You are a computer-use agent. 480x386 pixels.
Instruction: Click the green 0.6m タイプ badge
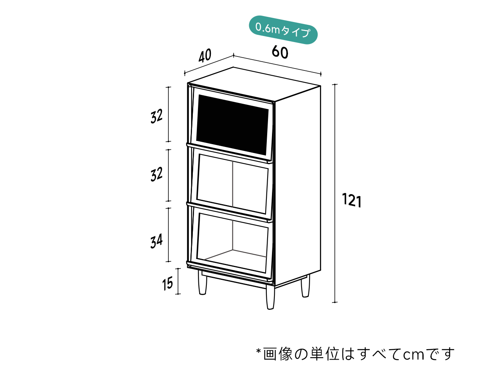[283, 30]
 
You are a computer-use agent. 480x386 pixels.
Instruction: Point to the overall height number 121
[352, 200]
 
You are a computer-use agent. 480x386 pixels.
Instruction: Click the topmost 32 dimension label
[156, 116]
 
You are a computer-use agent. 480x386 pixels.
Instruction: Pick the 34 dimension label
[156, 241]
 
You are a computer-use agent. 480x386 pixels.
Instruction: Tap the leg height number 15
[167, 283]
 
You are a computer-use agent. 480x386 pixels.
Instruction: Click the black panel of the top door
[232, 125]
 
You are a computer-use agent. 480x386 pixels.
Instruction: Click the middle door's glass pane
[232, 184]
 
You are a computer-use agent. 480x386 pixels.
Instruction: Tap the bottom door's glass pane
[232, 243]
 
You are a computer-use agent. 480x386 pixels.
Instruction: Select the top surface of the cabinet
[254, 84]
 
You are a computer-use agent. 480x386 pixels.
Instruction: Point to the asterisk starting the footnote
[258, 351]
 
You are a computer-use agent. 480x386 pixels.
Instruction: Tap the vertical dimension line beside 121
[335, 193]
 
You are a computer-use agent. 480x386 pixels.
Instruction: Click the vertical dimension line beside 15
[178, 281]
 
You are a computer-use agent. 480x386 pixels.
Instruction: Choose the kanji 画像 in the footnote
[278, 354]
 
